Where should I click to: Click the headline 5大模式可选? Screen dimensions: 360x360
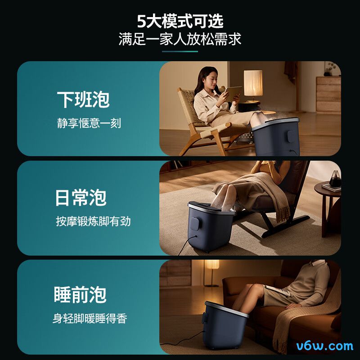(180, 21)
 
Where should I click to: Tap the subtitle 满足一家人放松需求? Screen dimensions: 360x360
(180, 39)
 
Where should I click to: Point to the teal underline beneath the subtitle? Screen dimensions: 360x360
(180, 51)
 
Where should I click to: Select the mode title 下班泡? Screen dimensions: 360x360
(83, 99)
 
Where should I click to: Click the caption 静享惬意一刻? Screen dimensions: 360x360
(89, 123)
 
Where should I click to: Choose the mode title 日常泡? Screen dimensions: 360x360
(81, 198)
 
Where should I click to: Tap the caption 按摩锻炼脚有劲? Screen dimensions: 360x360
(93, 221)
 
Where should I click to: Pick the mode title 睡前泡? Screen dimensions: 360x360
(80, 295)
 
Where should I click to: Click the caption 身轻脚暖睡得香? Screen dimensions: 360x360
(90, 319)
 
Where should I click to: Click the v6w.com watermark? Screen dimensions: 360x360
(324, 346)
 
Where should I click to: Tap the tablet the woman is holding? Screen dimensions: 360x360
(232, 94)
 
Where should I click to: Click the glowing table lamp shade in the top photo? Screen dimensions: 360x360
(253, 83)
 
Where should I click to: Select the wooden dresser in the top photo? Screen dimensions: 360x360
(328, 95)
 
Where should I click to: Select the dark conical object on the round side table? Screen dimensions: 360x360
(335, 178)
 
